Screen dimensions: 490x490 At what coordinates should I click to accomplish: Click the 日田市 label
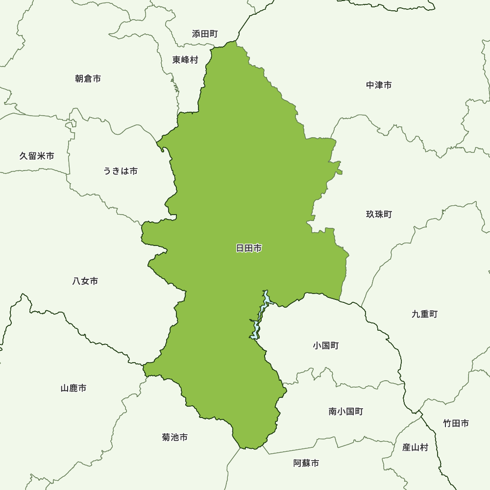(x=249, y=248)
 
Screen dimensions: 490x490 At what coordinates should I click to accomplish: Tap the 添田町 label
(x=205, y=34)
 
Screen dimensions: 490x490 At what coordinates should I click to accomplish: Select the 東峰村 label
(x=185, y=60)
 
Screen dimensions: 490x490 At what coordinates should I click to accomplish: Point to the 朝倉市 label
(x=88, y=78)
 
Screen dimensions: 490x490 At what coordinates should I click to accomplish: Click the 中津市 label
(x=379, y=85)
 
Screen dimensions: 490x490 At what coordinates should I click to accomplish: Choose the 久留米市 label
(x=37, y=156)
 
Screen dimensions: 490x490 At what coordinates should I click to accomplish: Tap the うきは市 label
(x=120, y=171)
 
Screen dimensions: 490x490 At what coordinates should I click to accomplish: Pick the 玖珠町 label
(x=379, y=215)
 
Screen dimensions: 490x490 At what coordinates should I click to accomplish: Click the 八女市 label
(x=85, y=281)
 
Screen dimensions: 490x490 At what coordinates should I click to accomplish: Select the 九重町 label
(x=424, y=314)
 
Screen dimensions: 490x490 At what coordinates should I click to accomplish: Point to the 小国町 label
(x=325, y=345)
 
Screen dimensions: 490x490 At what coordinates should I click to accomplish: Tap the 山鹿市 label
(x=73, y=388)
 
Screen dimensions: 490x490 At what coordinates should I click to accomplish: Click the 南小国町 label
(x=346, y=412)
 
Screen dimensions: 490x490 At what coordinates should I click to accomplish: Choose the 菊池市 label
(x=174, y=437)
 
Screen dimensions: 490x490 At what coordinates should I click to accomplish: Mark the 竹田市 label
(x=456, y=423)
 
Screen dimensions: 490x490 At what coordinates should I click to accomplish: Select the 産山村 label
(x=415, y=447)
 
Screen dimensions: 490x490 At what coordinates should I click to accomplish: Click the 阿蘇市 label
(x=306, y=463)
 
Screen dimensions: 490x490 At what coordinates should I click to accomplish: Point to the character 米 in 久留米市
(x=41, y=156)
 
